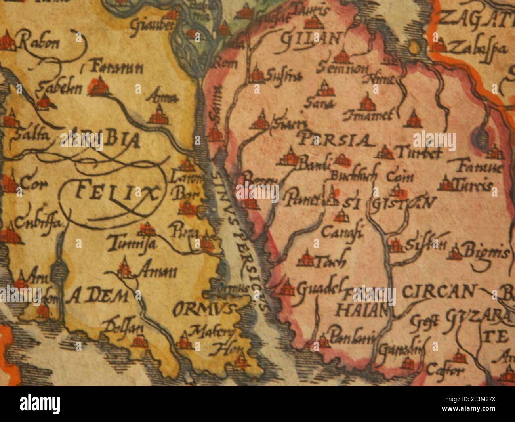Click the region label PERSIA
pos(335,140)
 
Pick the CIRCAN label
pos(438,292)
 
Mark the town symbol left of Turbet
pos(385,152)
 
